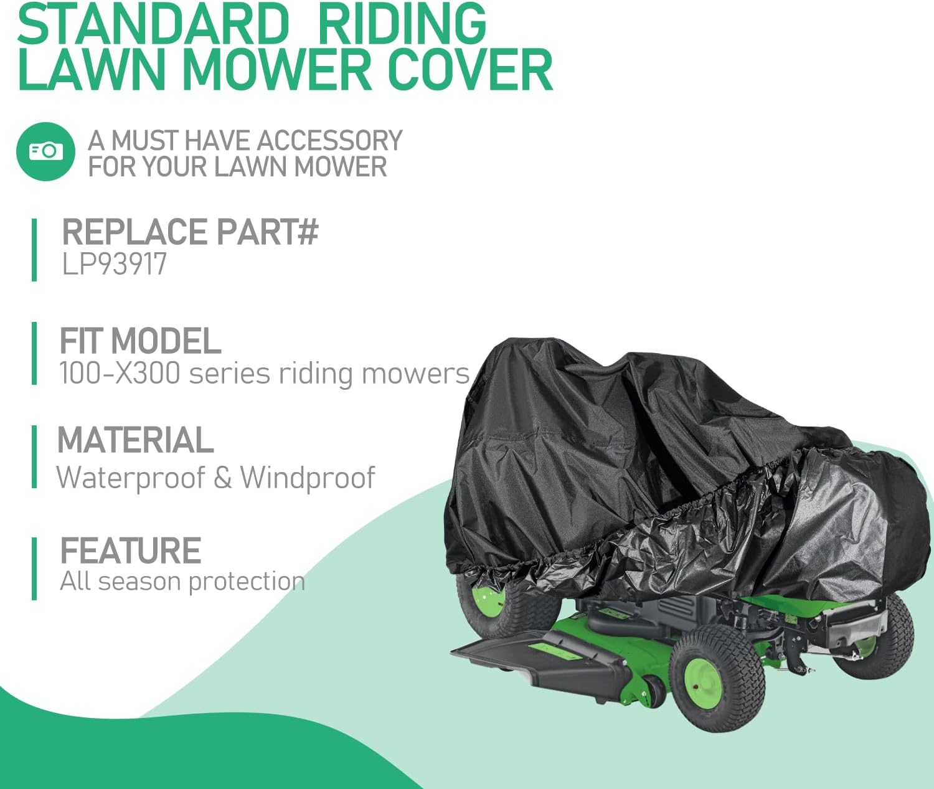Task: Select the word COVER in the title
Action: [470, 70]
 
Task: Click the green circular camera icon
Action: [45, 151]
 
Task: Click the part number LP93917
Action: [115, 264]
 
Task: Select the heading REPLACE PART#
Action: [190, 232]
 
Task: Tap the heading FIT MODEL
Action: [140, 341]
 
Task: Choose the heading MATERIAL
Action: [135, 440]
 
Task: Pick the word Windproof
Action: [308, 478]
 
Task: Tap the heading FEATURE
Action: [130, 550]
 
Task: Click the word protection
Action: [247, 582]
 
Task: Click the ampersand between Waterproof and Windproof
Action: [222, 478]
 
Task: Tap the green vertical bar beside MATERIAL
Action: [34, 456]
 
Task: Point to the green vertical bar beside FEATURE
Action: [34, 569]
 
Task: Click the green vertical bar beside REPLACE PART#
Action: [34, 250]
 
